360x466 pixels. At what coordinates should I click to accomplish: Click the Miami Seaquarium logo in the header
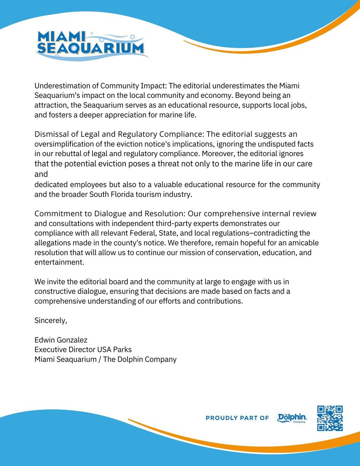[x=92, y=43]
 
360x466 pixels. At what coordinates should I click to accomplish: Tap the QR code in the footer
[x=330, y=418]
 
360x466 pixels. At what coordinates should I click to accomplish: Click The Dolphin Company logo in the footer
[x=292, y=418]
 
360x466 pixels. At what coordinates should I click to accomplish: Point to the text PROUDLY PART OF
[x=237, y=418]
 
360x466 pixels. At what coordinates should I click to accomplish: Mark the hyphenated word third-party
[x=174, y=224]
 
